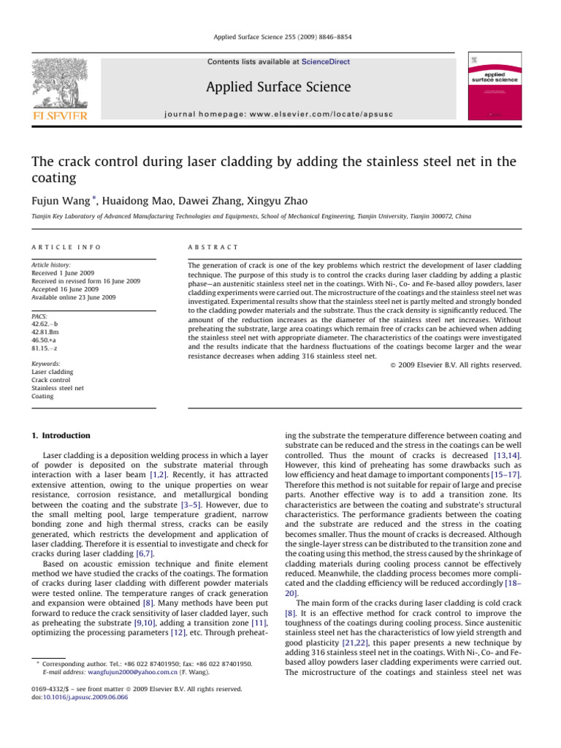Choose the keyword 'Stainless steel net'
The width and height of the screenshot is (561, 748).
pos(58,388)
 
